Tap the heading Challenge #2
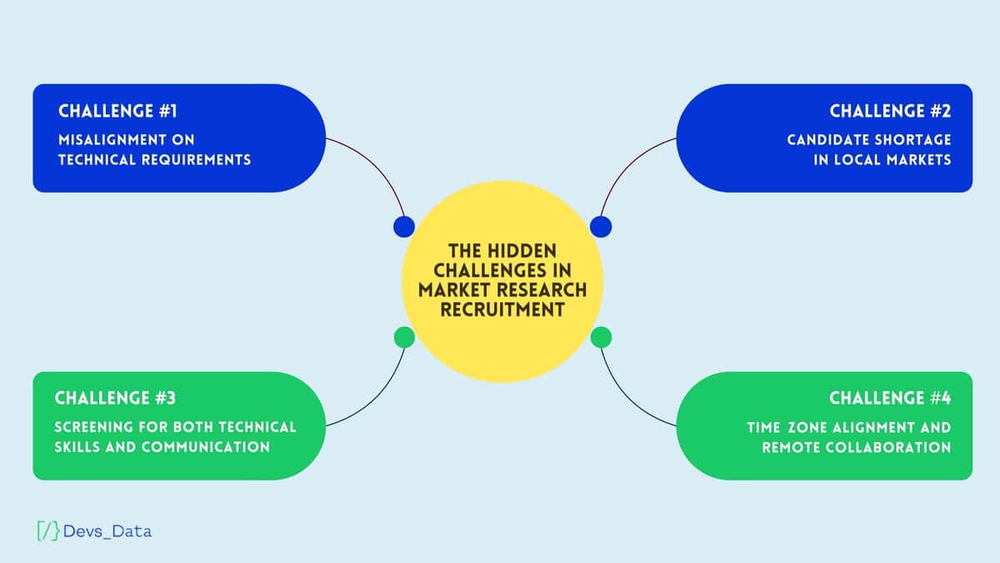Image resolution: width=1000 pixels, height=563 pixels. tap(890, 111)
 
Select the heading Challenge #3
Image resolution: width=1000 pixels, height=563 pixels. tap(115, 398)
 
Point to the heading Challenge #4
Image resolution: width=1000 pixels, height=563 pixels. tap(890, 398)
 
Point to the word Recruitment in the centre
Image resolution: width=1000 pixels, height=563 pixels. tap(502, 309)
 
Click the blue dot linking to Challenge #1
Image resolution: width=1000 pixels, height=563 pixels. tap(404, 226)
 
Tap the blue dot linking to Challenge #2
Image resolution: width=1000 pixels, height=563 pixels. tap(601, 226)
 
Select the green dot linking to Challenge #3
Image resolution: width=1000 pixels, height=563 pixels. tap(404, 337)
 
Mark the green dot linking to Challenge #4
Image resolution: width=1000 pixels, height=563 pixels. tap(601, 337)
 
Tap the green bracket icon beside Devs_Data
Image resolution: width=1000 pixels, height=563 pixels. tap(48, 530)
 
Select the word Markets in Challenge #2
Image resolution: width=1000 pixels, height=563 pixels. tap(918, 159)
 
